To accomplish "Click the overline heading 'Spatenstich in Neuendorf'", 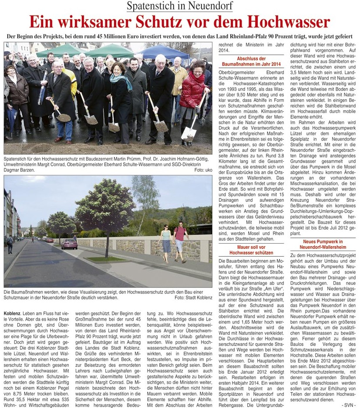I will click(180, 6).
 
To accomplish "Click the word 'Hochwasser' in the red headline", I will click(285, 22).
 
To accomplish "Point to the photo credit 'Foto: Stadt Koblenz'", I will click(193, 298).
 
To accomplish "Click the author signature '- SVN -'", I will click(347, 405).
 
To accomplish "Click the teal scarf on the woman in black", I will click(121, 80).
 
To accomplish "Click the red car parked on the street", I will click(69, 244).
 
